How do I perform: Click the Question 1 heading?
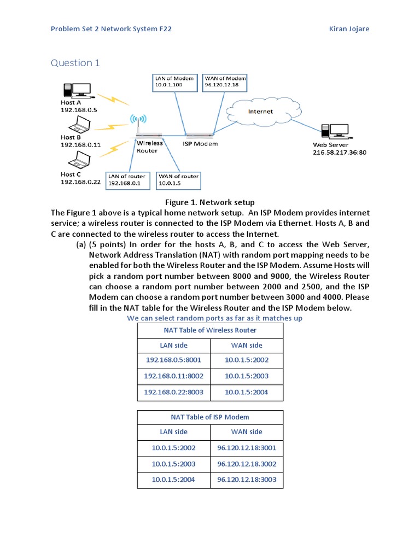[75, 63]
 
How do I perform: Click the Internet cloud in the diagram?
[260, 112]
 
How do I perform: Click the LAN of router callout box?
[127, 180]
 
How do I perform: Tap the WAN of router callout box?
[178, 180]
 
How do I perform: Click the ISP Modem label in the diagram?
[200, 144]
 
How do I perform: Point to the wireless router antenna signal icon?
[136, 120]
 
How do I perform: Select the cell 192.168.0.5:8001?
[173, 361]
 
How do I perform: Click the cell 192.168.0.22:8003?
[173, 393]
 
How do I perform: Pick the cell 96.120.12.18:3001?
[247, 448]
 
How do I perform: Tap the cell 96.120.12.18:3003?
[247, 480]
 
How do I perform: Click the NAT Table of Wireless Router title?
[210, 330]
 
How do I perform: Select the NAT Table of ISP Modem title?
[210, 417]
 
